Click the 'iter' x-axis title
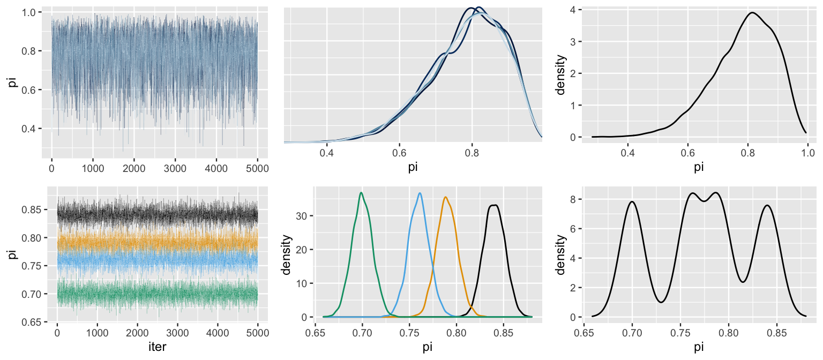(x=157, y=347)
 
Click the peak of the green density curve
(x=361, y=193)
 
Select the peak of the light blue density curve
(x=420, y=193)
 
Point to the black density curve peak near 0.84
(x=494, y=205)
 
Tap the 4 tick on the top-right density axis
(x=573, y=10)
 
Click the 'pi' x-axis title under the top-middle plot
(x=413, y=167)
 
